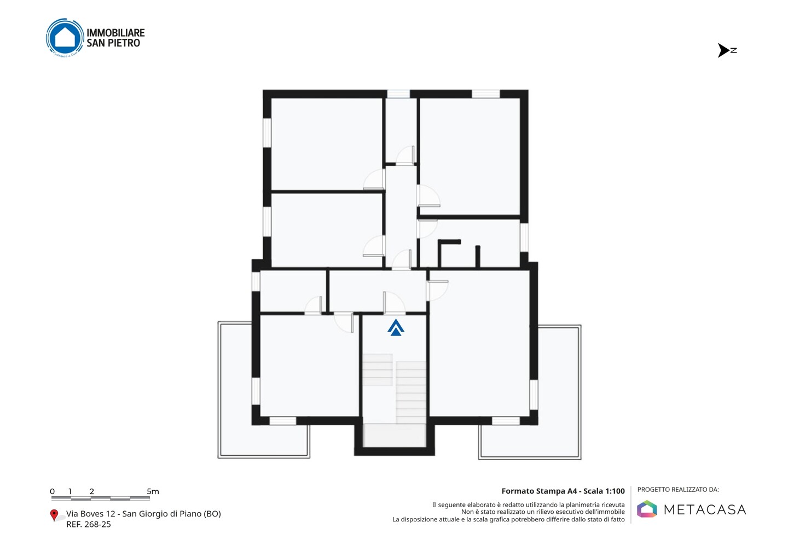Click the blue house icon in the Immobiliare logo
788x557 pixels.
(x=65, y=37)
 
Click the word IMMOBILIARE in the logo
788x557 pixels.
(x=116, y=33)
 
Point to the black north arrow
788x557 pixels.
(x=723, y=50)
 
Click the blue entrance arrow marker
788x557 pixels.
(x=396, y=327)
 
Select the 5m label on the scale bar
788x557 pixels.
(x=153, y=491)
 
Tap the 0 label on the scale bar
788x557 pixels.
(x=53, y=491)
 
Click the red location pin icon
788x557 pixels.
(x=54, y=515)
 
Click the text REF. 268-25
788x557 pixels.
(x=89, y=524)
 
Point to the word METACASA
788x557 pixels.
(x=705, y=509)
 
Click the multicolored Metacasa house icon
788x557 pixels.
(x=647, y=509)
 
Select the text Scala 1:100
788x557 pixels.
(x=604, y=491)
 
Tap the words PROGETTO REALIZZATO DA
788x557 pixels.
(x=678, y=490)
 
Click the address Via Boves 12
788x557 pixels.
(x=90, y=514)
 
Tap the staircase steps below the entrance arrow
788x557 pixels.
(x=395, y=388)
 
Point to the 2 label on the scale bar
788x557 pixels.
(x=92, y=491)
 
